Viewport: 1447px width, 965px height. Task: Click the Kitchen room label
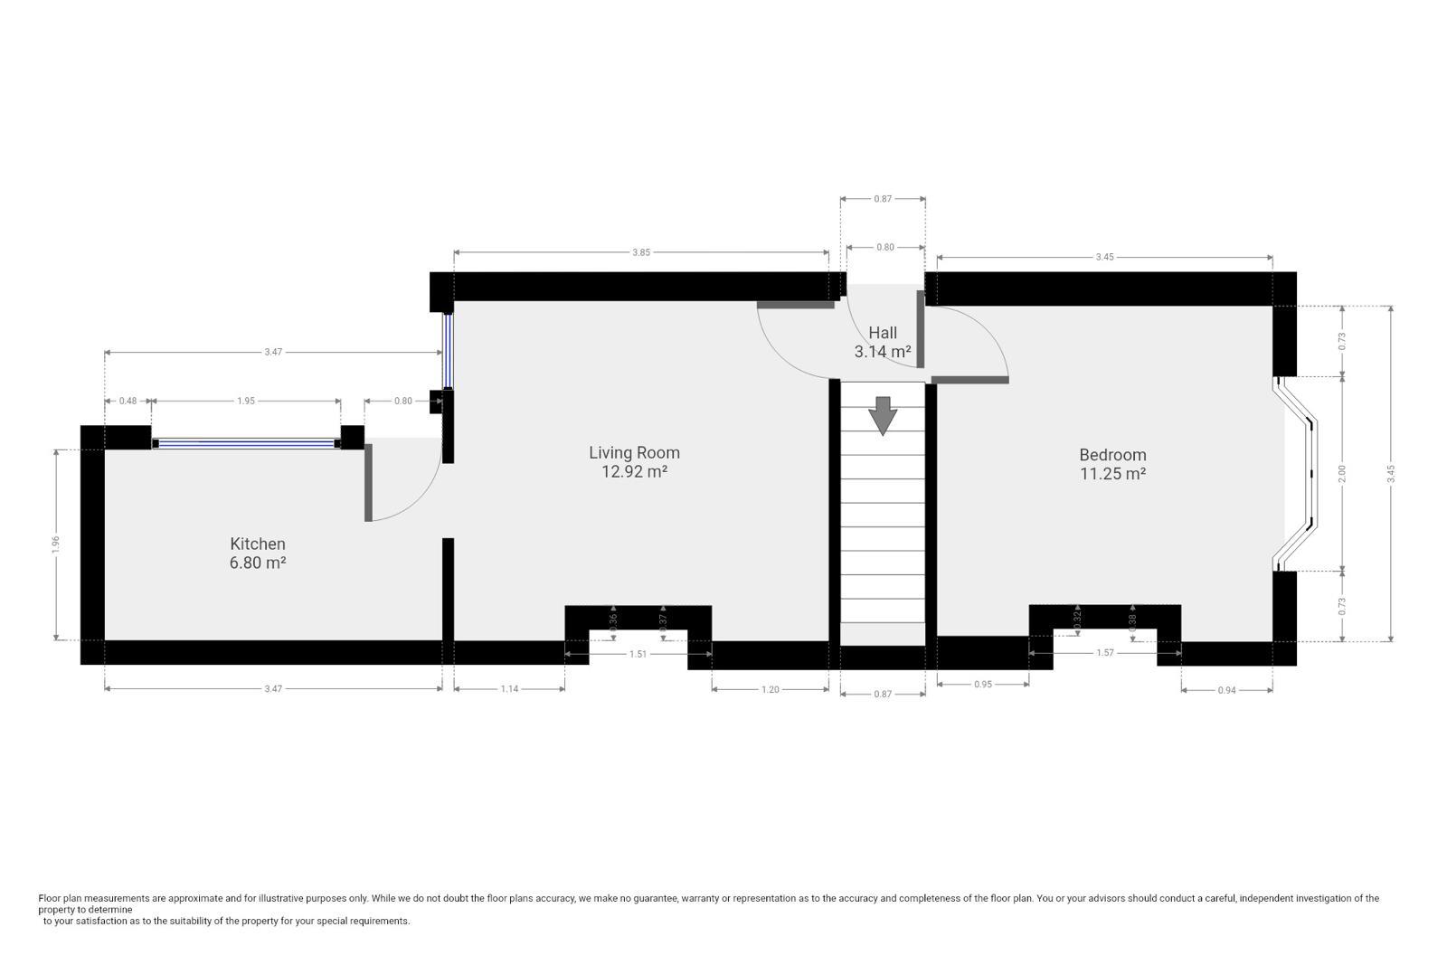(x=258, y=544)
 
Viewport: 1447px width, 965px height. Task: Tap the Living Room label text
(x=634, y=452)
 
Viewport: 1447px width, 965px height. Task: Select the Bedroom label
(x=1112, y=455)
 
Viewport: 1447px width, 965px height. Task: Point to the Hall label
(x=883, y=333)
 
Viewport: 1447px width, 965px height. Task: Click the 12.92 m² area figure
(x=634, y=471)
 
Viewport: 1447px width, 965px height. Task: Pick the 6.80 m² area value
(x=258, y=563)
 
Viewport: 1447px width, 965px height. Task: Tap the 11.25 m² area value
(x=1112, y=474)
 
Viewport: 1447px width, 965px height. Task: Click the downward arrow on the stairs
(x=883, y=415)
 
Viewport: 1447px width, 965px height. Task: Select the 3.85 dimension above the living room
(x=641, y=252)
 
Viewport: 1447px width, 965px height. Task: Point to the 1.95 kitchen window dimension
(x=246, y=401)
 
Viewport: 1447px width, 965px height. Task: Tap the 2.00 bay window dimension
(x=1342, y=474)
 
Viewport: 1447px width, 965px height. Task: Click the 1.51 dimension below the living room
(x=638, y=654)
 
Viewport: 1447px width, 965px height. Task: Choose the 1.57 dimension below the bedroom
(x=1104, y=653)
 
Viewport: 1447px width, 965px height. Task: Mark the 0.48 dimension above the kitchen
(x=128, y=401)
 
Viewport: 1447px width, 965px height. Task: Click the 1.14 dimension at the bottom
(x=509, y=689)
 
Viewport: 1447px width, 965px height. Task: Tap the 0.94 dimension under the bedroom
(x=1226, y=690)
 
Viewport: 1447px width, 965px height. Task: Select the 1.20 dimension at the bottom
(x=770, y=689)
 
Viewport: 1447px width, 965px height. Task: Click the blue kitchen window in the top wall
(x=246, y=443)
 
